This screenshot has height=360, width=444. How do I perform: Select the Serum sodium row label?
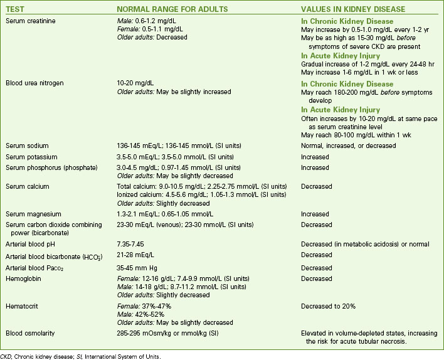coord(26,145)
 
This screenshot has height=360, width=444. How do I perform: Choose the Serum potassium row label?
coord(31,157)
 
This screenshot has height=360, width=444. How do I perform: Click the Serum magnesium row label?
coord(32,214)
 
